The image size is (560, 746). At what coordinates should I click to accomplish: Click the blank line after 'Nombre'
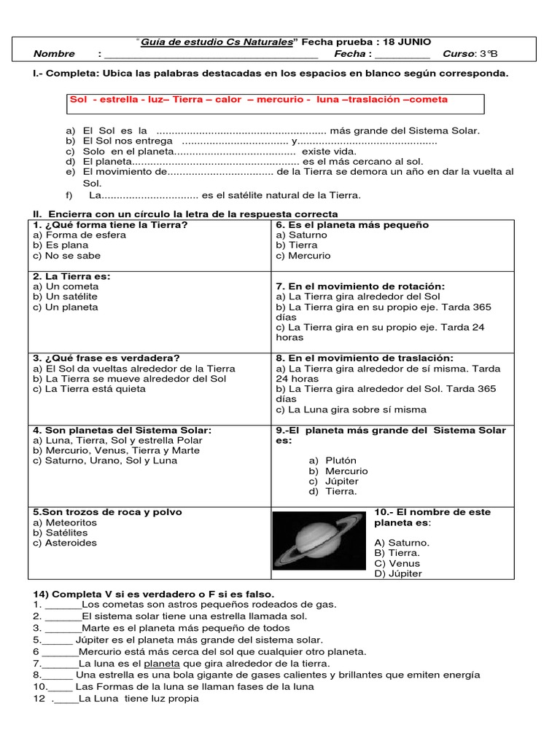point(211,54)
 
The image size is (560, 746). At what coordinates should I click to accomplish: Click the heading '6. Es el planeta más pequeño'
point(352,225)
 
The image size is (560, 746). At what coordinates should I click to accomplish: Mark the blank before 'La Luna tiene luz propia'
point(66,699)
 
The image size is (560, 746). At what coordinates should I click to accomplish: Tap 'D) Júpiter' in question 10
point(398,573)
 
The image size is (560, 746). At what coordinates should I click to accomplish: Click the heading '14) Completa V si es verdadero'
point(152,594)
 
